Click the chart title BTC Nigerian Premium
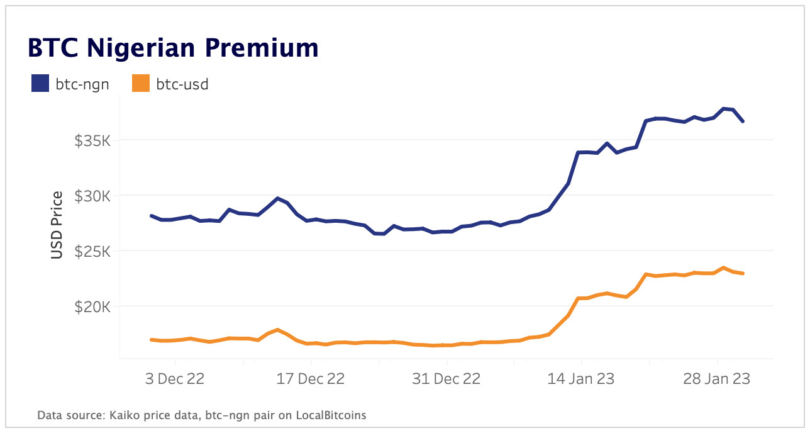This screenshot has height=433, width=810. point(172,48)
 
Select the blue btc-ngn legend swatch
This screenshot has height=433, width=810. point(40,84)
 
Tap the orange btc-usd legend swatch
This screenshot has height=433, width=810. point(141,84)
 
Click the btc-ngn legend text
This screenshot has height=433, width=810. point(82,84)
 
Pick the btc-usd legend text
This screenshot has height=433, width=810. point(182,84)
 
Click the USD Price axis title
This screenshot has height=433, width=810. point(57,224)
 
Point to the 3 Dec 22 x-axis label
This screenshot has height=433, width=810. point(175,380)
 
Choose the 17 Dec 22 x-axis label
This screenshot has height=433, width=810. point(311,380)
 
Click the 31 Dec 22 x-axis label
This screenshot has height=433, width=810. point(447,380)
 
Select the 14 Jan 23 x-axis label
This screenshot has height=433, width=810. point(582,380)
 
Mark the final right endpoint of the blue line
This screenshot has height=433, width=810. point(743,121)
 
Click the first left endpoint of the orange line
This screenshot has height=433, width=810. point(152,340)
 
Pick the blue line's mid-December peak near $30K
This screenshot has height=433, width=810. point(277,198)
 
